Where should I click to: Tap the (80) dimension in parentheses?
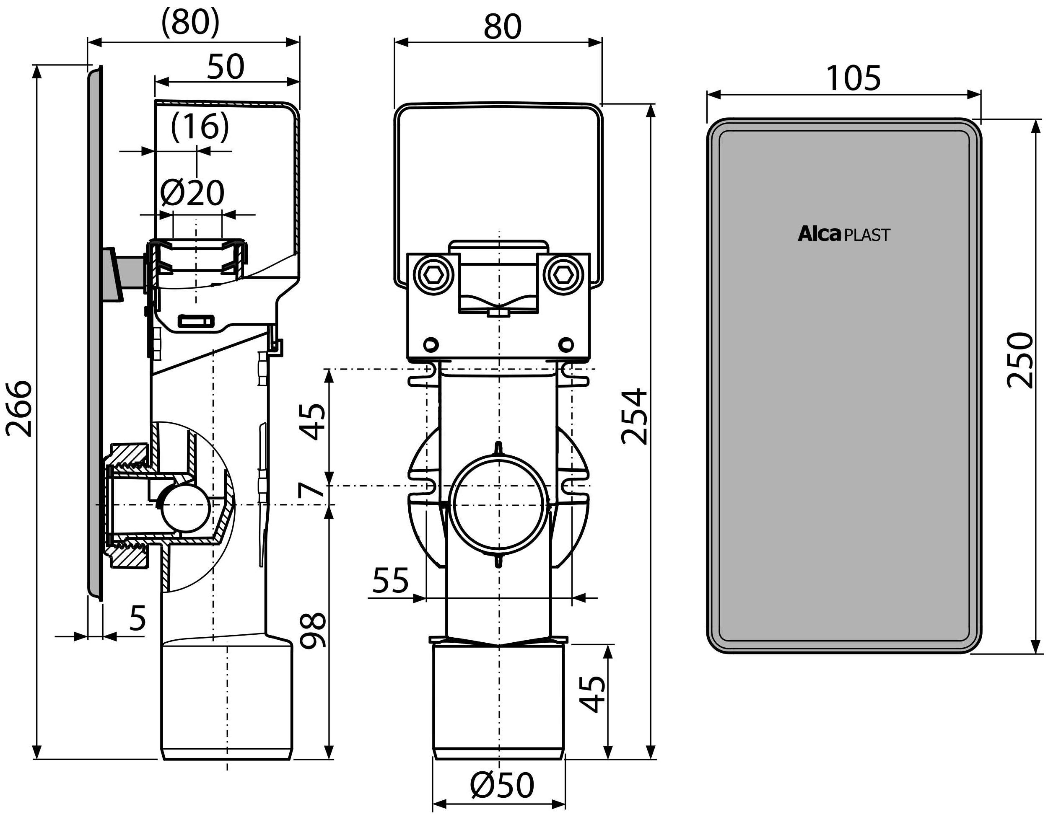click(x=190, y=22)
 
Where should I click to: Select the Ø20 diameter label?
click(x=192, y=193)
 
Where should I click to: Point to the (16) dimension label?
click(x=200, y=127)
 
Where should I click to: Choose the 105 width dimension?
click(x=853, y=78)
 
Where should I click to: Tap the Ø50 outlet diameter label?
click(x=501, y=785)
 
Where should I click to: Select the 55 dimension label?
click(x=390, y=580)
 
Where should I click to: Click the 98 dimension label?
click(x=313, y=630)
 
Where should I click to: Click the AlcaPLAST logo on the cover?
click(x=843, y=235)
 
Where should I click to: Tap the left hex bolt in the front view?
click(x=434, y=275)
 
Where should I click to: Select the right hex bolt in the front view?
click(x=563, y=275)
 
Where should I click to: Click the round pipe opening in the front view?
click(x=499, y=505)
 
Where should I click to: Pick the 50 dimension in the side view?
click(x=226, y=67)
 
